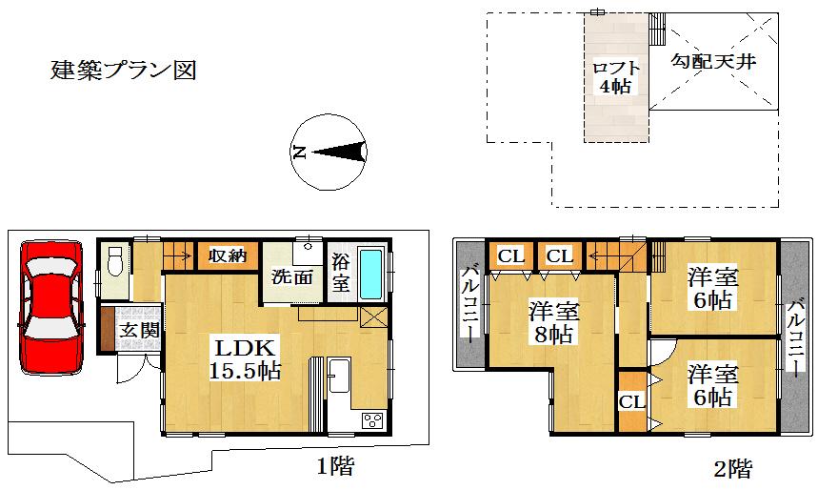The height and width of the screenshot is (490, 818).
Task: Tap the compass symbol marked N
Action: (x=329, y=152)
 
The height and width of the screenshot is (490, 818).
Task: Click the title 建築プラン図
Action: (x=123, y=71)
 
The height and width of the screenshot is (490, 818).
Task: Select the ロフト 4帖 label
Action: (x=616, y=77)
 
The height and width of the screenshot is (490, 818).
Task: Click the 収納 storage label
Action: (x=228, y=255)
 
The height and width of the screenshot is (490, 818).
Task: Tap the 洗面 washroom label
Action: (x=292, y=278)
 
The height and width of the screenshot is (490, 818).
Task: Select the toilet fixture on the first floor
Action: (x=114, y=260)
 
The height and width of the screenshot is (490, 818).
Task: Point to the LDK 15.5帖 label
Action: (x=245, y=359)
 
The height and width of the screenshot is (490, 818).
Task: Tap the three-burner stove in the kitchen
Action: (x=370, y=419)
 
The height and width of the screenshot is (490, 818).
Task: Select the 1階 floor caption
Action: (x=336, y=467)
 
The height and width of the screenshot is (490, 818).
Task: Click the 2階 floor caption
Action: (x=732, y=468)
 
